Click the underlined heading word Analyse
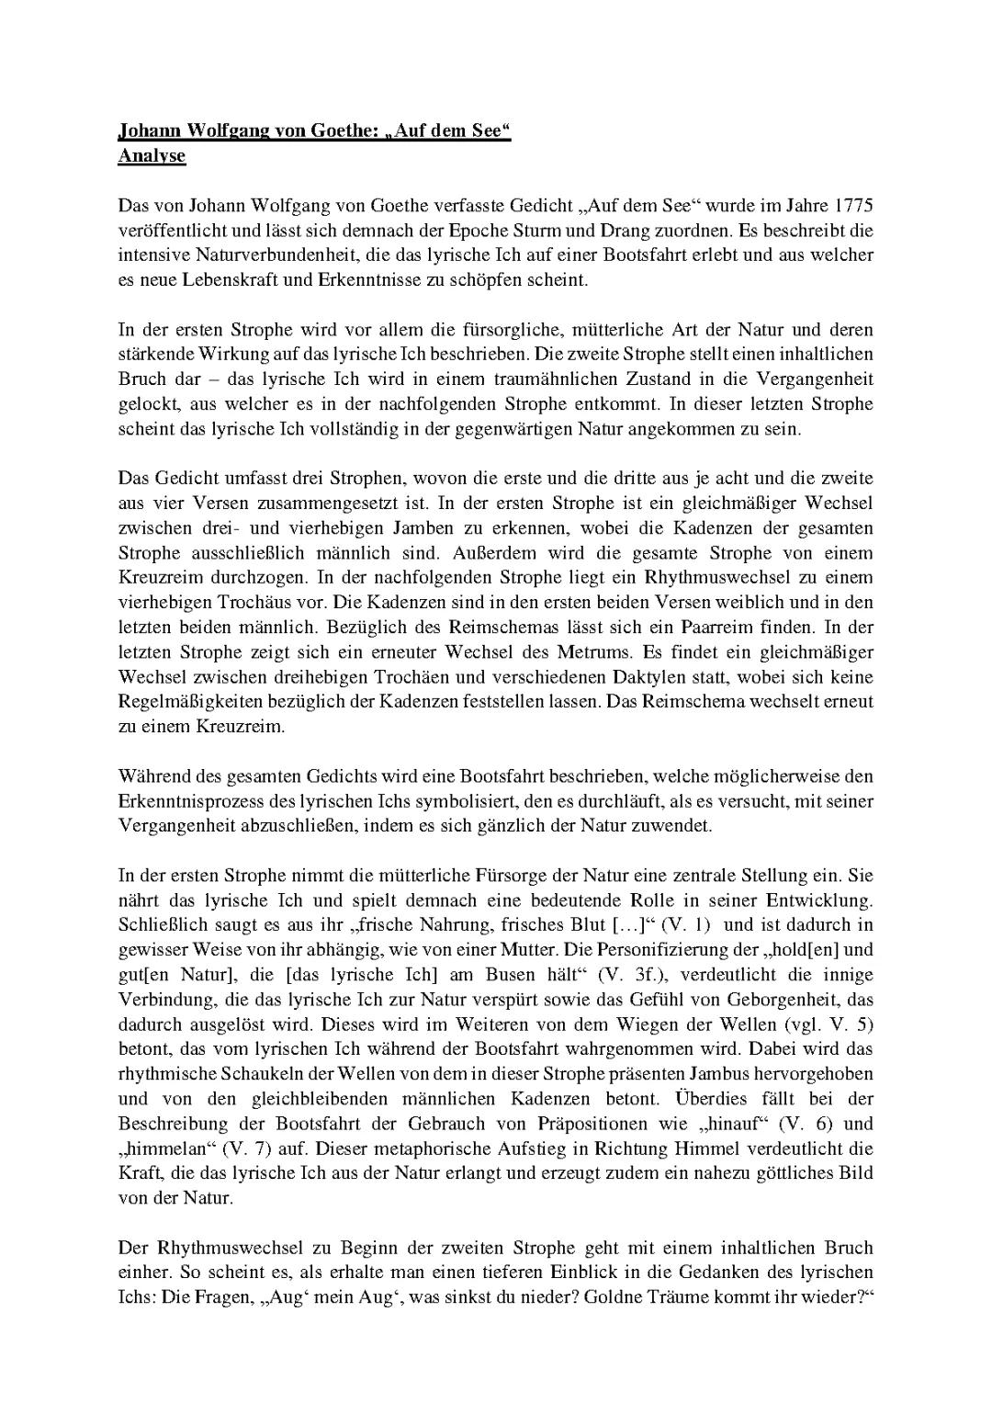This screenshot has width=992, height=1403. point(152,156)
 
